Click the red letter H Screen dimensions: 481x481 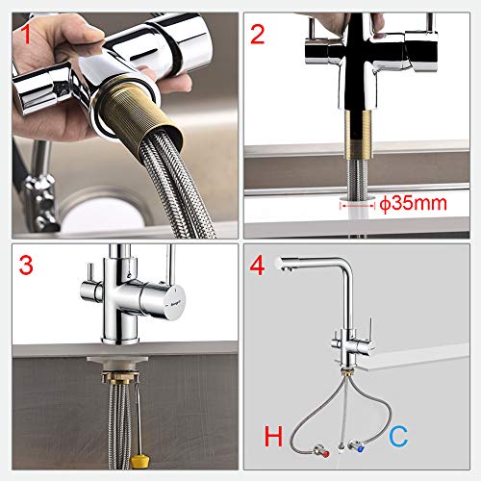pyautogui.click(x=272, y=439)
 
